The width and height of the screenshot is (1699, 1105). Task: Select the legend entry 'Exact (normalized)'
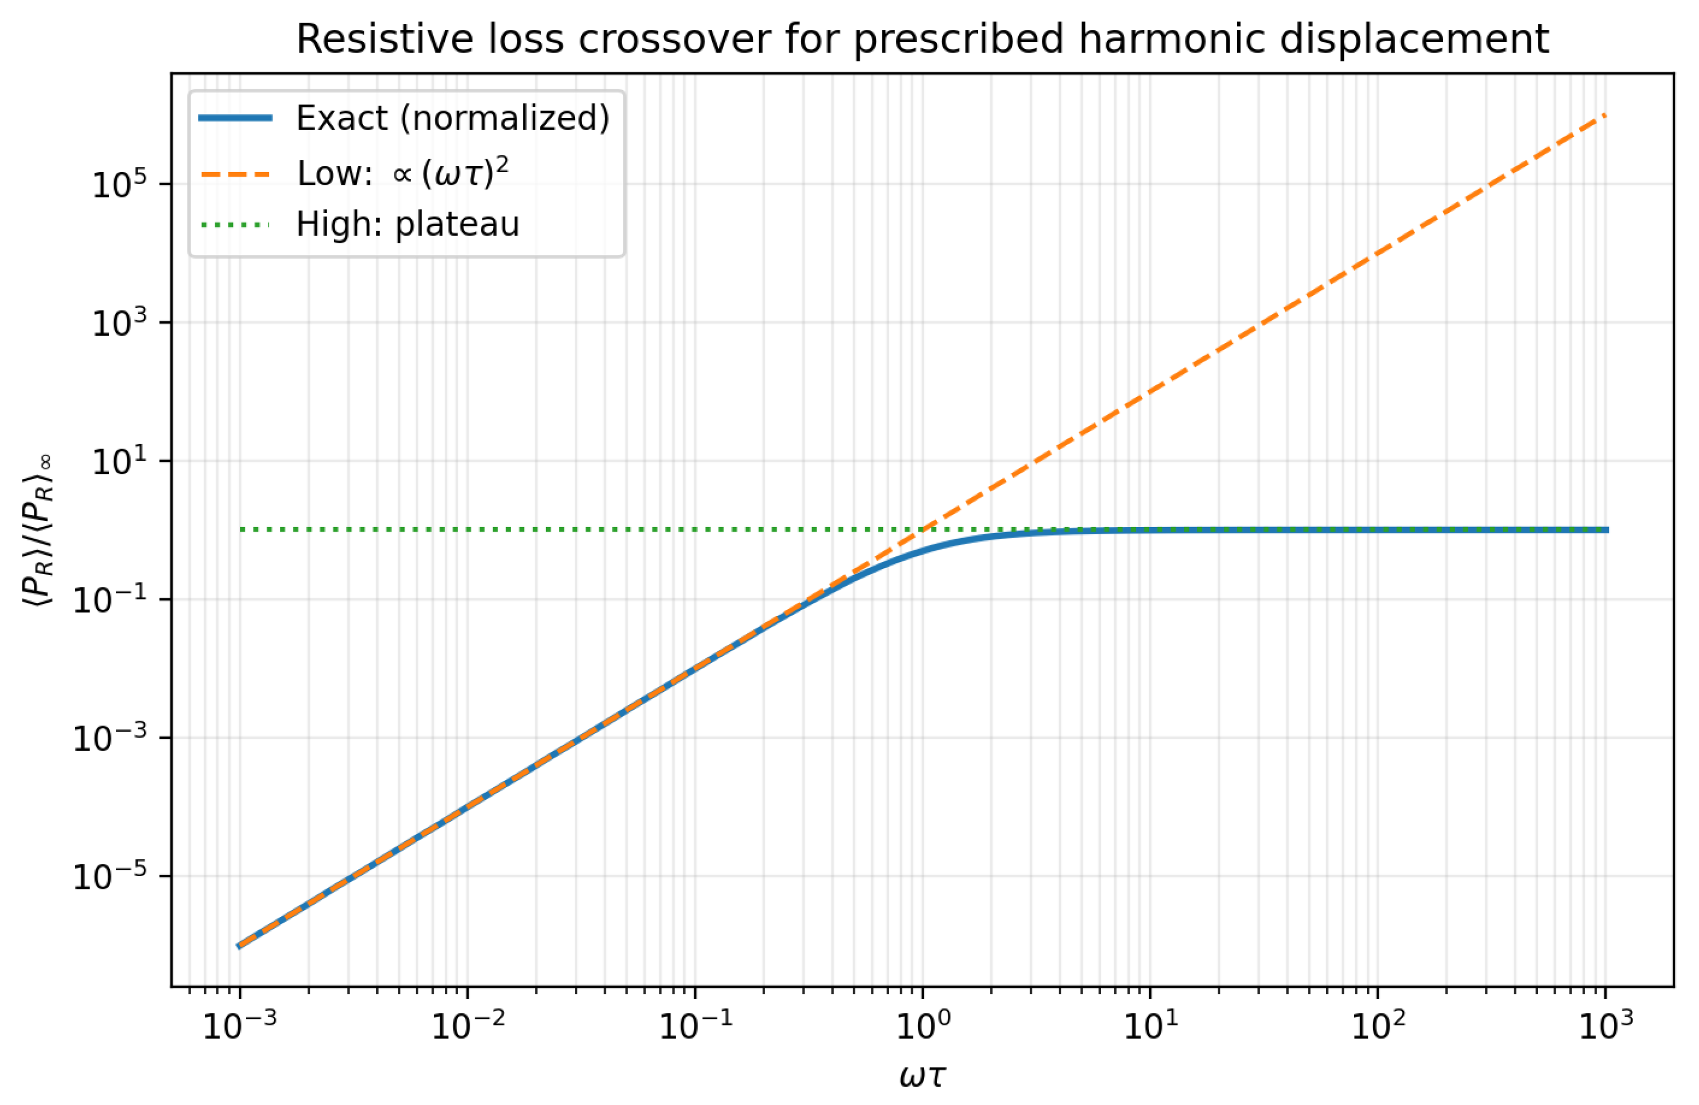pos(453,118)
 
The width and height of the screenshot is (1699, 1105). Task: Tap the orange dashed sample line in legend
pos(236,174)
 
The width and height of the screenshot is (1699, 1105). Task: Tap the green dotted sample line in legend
pos(236,225)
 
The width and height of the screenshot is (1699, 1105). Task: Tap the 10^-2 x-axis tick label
pos(467,1026)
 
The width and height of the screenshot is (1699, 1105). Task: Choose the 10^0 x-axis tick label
pos(923,1026)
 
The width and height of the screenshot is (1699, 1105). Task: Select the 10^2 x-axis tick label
pos(1378,1026)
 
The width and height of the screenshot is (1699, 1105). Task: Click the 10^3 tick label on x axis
pos(1606,1026)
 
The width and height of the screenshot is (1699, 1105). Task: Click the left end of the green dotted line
pos(241,530)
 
